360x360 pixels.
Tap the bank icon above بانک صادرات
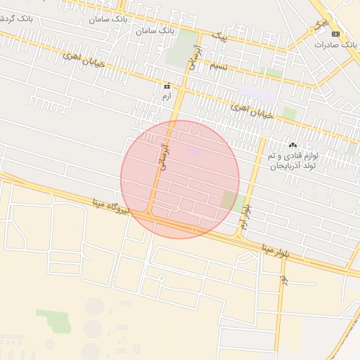[335, 34]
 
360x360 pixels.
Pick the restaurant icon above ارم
[166, 86]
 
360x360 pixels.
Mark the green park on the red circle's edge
[229, 200]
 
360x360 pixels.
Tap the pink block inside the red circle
[194, 150]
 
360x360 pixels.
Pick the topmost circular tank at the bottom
[95, 306]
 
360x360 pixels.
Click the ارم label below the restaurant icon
[166, 96]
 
